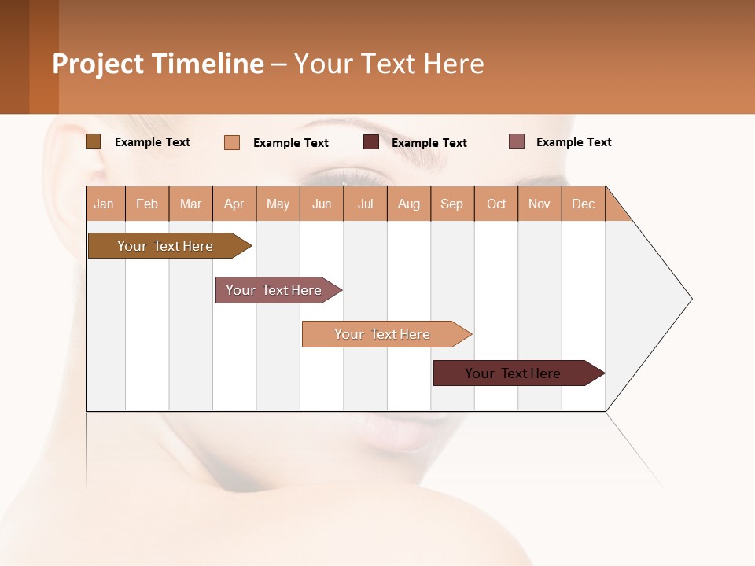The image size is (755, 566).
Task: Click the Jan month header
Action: point(104,204)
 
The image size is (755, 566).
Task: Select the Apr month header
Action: point(234,204)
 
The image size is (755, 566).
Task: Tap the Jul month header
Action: point(365,204)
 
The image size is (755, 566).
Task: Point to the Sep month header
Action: point(451,204)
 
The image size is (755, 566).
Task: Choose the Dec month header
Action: point(583,204)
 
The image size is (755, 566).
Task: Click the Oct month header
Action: point(496,204)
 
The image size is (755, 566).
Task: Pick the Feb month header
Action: point(147,204)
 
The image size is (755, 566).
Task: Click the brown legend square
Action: point(93,141)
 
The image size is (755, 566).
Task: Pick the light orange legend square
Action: point(232,142)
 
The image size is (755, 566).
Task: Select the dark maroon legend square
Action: point(371,142)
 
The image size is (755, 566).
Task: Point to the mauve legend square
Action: point(516,141)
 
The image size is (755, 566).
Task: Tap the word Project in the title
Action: point(98,64)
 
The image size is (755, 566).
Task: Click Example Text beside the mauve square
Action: point(573,142)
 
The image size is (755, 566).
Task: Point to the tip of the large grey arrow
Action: point(690,299)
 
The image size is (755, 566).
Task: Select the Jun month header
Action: point(322,204)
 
